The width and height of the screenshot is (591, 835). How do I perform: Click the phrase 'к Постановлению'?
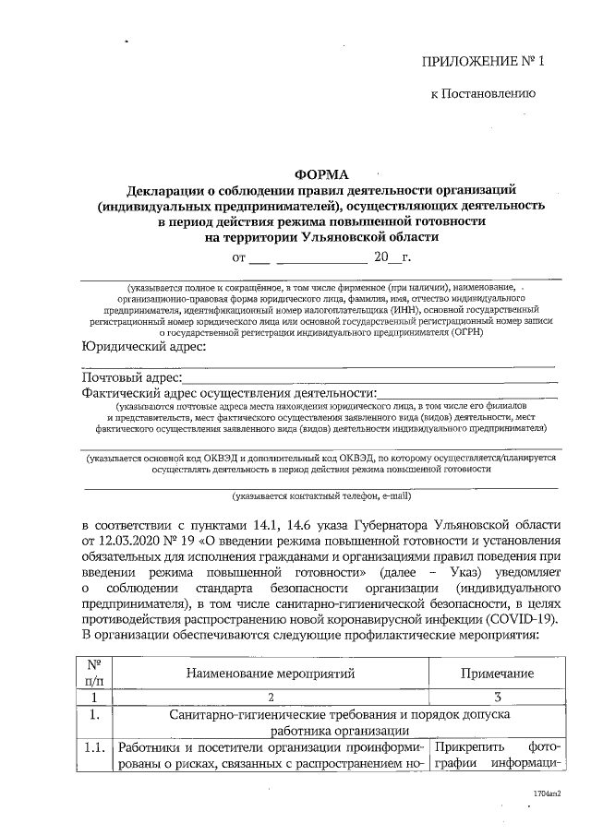point(483,94)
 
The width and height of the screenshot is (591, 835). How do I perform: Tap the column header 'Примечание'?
point(500,674)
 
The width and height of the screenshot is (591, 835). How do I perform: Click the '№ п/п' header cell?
point(93,674)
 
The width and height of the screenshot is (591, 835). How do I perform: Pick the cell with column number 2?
point(271,698)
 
